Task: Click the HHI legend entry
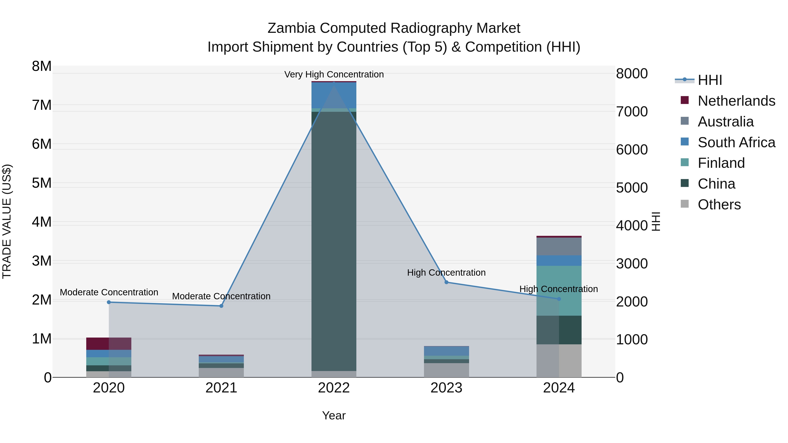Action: click(x=710, y=80)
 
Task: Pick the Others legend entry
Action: click(x=719, y=204)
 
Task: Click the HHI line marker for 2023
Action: click(x=446, y=282)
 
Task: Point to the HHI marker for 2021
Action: click(x=222, y=306)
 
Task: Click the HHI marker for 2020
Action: click(x=109, y=302)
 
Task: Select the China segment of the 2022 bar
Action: click(x=334, y=242)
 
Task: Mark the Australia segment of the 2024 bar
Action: click(x=559, y=246)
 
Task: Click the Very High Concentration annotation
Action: click(x=334, y=74)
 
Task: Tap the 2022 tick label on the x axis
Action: click(x=334, y=388)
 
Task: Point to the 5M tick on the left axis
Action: click(x=42, y=183)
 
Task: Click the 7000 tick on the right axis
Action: click(x=632, y=112)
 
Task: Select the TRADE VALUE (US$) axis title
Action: click(x=7, y=221)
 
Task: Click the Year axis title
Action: click(x=334, y=415)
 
